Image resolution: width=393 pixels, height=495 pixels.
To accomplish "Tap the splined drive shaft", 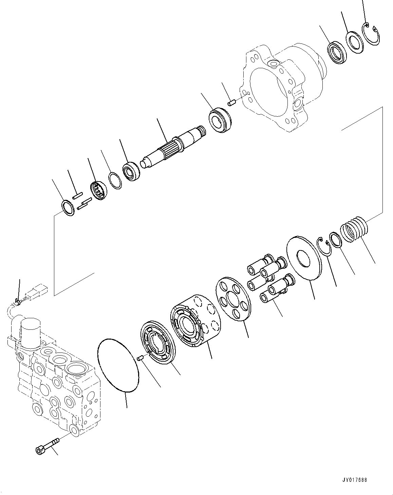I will click(173, 146).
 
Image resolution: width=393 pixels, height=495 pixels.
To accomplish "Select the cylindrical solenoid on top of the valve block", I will click(31, 329).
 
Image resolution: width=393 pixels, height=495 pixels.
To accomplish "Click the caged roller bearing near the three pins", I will click(99, 190).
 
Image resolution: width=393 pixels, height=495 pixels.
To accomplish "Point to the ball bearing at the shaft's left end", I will click(130, 171).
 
